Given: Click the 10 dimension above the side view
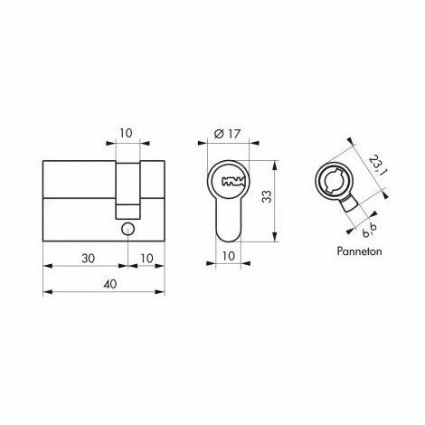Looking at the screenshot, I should pyautogui.click(x=128, y=132).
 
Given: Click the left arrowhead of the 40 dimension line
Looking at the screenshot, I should pyautogui.click(x=47, y=294).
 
